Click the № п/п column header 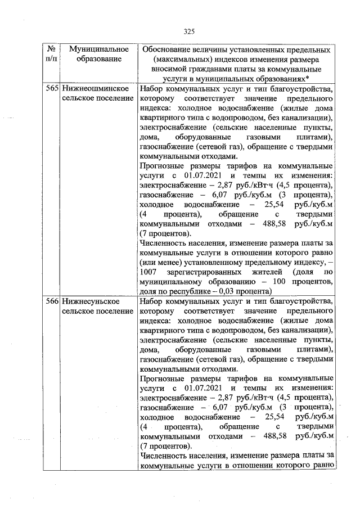tap(51, 54)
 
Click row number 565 tap(52, 89)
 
